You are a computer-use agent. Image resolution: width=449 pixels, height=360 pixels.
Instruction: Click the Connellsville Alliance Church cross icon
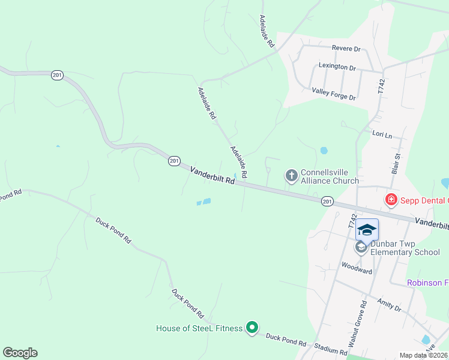click(x=291, y=176)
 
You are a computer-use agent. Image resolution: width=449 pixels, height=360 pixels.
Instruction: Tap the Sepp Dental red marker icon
click(x=391, y=199)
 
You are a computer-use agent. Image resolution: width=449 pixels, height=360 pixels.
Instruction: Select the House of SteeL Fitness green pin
click(x=253, y=328)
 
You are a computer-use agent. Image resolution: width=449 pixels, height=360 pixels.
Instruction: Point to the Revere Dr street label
click(x=346, y=48)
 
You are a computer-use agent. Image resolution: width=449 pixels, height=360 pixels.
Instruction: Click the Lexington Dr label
click(x=337, y=67)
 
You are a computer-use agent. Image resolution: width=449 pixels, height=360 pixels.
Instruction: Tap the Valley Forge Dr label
click(x=334, y=94)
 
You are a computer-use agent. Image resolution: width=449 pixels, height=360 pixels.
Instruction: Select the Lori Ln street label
click(x=382, y=135)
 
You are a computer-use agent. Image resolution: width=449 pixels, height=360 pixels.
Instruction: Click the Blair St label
click(x=396, y=163)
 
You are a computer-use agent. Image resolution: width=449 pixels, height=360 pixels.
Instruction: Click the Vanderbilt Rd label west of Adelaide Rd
click(x=212, y=178)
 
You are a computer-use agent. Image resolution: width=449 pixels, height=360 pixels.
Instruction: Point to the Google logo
click(x=20, y=353)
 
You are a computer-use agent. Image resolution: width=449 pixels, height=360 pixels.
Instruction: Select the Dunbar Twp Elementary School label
click(x=405, y=248)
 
